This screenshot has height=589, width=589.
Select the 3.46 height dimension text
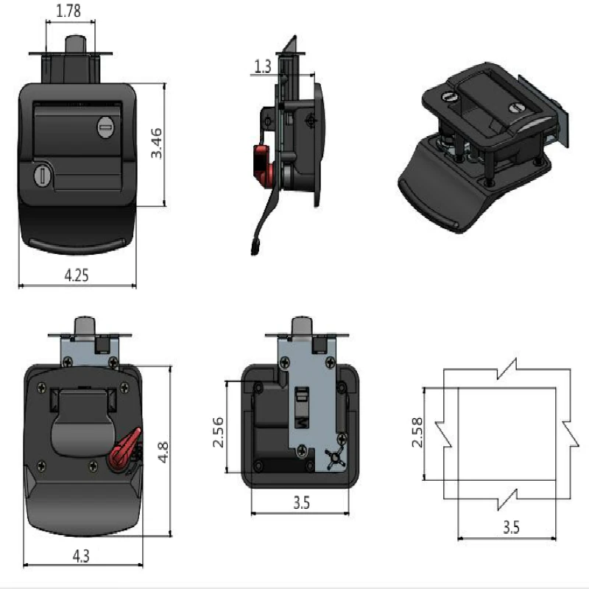(x=156, y=144)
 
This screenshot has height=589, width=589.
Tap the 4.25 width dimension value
(x=77, y=276)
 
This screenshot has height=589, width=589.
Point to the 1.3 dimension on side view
(x=262, y=67)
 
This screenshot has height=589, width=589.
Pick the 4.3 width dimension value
(x=81, y=557)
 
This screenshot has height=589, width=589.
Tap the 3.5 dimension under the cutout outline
(x=510, y=528)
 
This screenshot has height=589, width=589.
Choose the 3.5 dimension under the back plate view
(x=300, y=504)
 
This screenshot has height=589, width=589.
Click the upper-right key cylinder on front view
(x=105, y=128)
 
